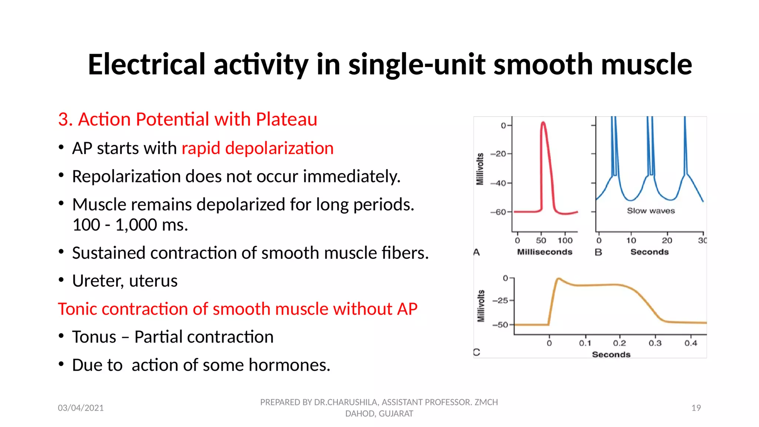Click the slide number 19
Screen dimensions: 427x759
(696, 408)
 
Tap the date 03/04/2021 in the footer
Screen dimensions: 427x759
(81, 408)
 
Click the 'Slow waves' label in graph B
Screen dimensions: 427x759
(650, 211)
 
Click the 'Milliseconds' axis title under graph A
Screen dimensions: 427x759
(544, 252)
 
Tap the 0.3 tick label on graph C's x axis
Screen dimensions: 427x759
(655, 343)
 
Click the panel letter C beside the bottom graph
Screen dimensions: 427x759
(477, 352)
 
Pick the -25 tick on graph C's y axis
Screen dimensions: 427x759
(501, 300)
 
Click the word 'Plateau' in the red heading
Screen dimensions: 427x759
(286, 119)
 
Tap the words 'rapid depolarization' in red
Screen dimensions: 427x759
(258, 148)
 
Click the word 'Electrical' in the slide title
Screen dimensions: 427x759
(146, 64)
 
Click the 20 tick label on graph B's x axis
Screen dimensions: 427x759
(667, 241)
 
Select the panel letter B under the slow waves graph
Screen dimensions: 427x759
(598, 252)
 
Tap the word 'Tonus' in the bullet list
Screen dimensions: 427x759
(94, 337)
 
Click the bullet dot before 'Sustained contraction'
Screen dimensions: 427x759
(61, 252)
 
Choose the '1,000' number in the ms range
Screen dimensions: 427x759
(131, 225)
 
